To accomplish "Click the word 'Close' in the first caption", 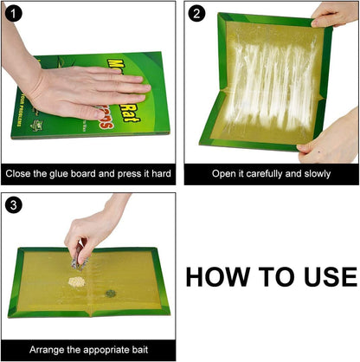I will click(x=21, y=173).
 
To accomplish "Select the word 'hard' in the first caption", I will click(x=159, y=173).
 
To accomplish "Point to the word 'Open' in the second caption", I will click(x=225, y=173).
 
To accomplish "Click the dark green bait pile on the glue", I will click(x=112, y=293).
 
